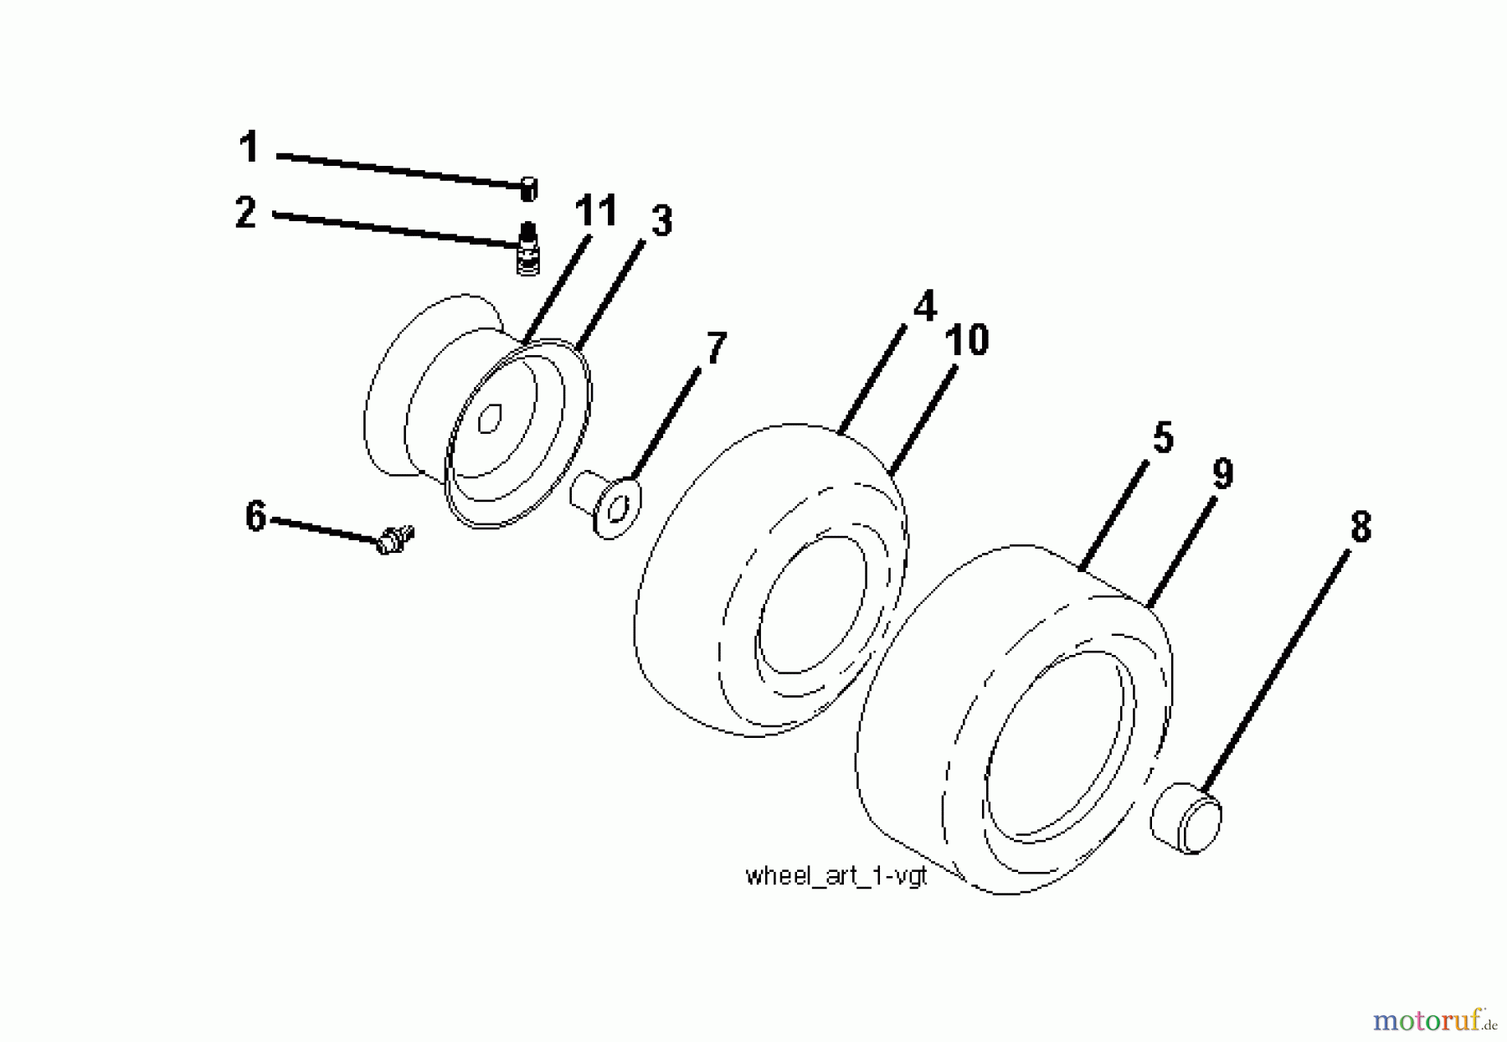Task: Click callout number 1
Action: pyautogui.click(x=249, y=147)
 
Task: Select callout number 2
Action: pyautogui.click(x=245, y=212)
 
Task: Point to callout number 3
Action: pyautogui.click(x=661, y=222)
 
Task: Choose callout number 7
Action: pyautogui.click(x=717, y=348)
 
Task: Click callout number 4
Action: pyautogui.click(x=924, y=307)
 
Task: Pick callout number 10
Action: pyautogui.click(x=967, y=341)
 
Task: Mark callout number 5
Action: pyautogui.click(x=1163, y=438)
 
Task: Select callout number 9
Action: pyautogui.click(x=1222, y=475)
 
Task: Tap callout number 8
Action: pyautogui.click(x=1360, y=528)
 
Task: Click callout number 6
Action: pyautogui.click(x=256, y=516)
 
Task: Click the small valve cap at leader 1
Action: pyautogui.click(x=528, y=189)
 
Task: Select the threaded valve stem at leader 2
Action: pyautogui.click(x=527, y=248)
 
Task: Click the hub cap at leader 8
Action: pyautogui.click(x=1187, y=818)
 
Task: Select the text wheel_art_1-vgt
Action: pyautogui.click(x=836, y=876)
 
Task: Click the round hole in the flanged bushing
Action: pyautogui.click(x=619, y=507)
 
